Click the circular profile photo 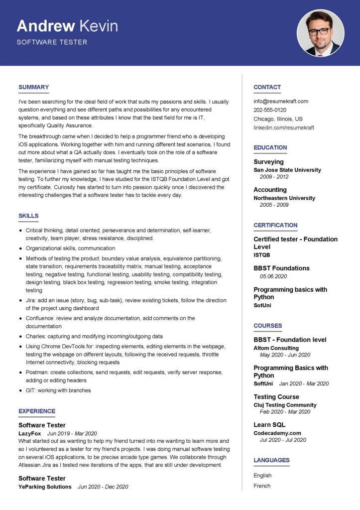[x=320, y=33]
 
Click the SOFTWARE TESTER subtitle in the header [x=52, y=42]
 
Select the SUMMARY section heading [x=33, y=87]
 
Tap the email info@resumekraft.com [x=281, y=101]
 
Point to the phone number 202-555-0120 [x=270, y=110]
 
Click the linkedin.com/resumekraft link [x=284, y=127]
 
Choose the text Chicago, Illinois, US [x=278, y=119]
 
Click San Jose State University [x=287, y=170]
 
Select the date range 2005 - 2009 [x=273, y=205]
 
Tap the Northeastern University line [x=284, y=198]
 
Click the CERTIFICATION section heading [x=275, y=225]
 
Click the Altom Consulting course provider [x=276, y=348]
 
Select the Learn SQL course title [x=269, y=425]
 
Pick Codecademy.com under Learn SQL [x=277, y=433]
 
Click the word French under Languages [x=262, y=486]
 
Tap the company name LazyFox [x=29, y=433]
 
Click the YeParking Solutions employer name [x=45, y=487]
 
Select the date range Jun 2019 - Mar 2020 [x=72, y=433]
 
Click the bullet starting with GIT [x=58, y=390]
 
